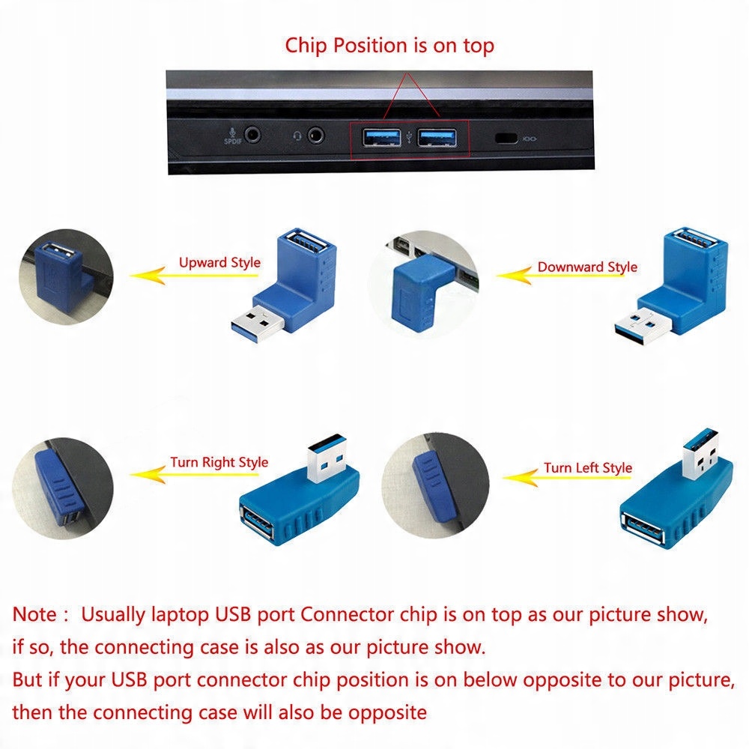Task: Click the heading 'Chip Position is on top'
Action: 389,45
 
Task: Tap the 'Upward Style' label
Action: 219,263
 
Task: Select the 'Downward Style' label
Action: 587,267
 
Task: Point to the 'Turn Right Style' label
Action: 219,462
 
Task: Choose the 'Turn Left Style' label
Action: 588,468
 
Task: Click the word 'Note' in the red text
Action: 35,615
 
